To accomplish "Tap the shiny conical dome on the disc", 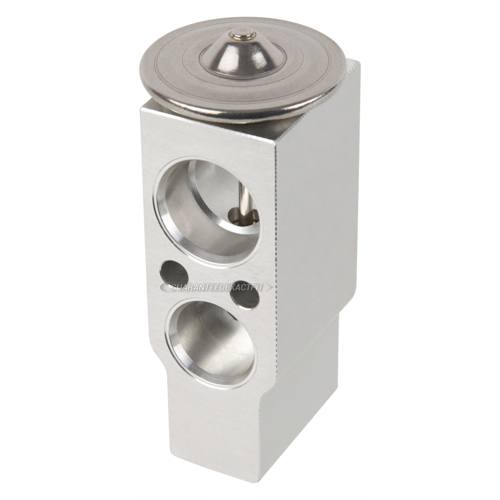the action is [243, 54].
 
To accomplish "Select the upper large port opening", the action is [208, 212].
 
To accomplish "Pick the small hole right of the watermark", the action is [245, 294].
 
